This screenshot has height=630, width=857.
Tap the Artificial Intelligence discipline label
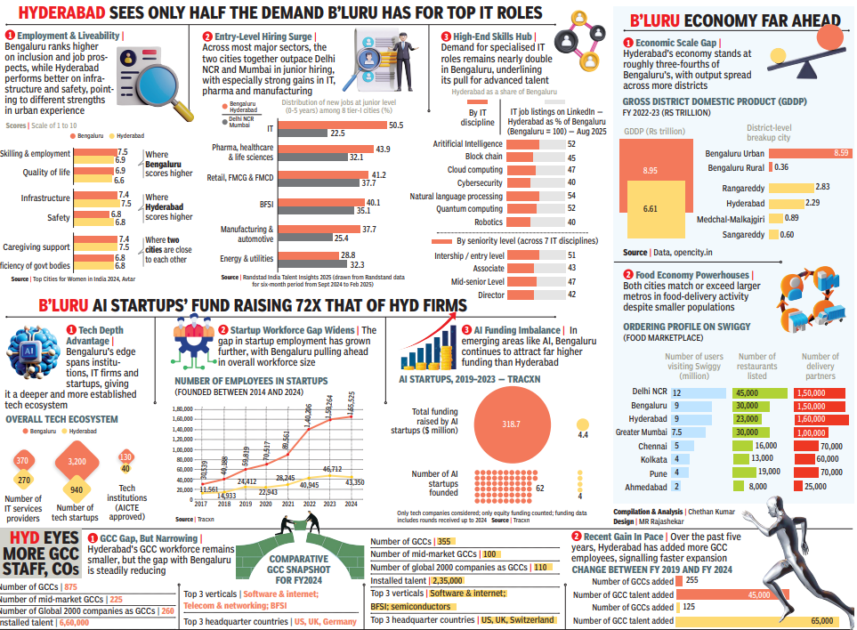(x=467, y=143)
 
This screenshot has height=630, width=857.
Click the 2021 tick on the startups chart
(x=287, y=504)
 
